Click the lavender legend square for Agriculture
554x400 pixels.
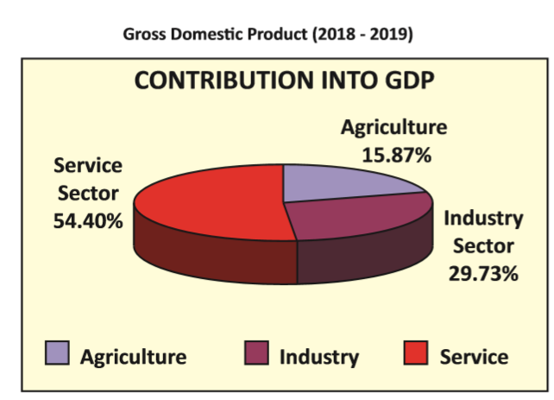(x=57, y=354)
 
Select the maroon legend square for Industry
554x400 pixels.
(x=256, y=354)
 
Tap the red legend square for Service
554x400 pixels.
(x=418, y=354)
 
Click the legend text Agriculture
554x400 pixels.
(x=133, y=356)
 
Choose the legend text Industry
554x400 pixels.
(x=318, y=356)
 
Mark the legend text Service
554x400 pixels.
(x=474, y=356)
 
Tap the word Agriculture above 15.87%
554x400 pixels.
(x=393, y=127)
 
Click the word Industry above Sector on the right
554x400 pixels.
(x=483, y=217)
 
